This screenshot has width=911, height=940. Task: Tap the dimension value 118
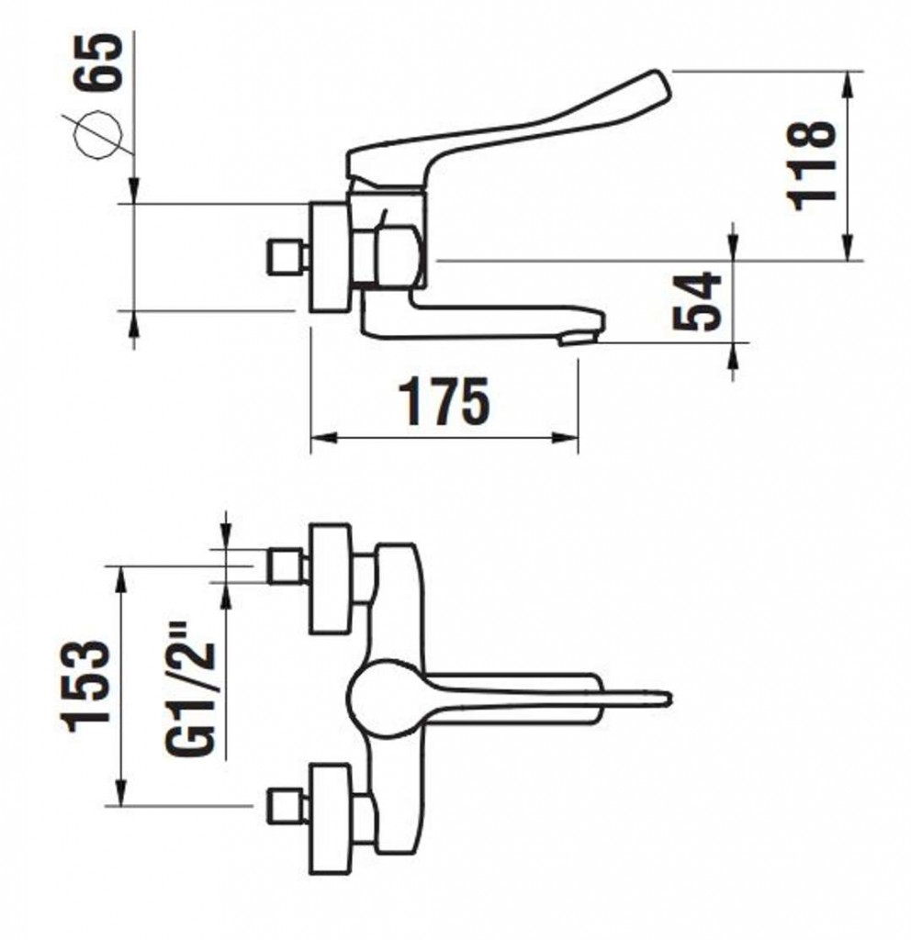(812, 164)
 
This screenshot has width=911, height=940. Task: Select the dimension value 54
(696, 301)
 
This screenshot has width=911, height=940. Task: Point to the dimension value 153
(87, 687)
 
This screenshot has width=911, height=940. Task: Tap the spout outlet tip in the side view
(579, 341)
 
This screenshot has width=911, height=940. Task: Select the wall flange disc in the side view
(330, 257)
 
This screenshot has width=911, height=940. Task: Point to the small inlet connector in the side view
(286, 258)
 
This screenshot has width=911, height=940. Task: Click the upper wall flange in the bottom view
(330, 578)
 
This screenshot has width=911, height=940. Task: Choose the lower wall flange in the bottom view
(330, 818)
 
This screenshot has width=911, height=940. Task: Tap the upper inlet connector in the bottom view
(287, 565)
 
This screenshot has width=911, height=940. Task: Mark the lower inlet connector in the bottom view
(287, 806)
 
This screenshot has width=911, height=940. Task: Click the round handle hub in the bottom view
(387, 699)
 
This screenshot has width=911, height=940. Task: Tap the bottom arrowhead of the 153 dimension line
(122, 793)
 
